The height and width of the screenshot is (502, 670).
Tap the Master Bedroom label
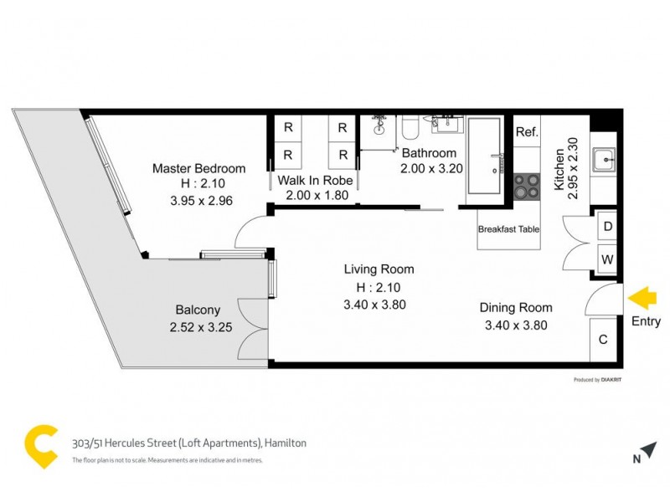point(198,168)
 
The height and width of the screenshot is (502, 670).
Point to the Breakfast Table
point(508,229)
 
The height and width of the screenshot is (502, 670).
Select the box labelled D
point(606,227)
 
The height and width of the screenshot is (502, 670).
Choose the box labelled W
point(606,259)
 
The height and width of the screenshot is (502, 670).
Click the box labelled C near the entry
point(603,340)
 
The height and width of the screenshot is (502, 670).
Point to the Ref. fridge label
point(526,132)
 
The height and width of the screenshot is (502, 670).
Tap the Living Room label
point(379,269)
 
